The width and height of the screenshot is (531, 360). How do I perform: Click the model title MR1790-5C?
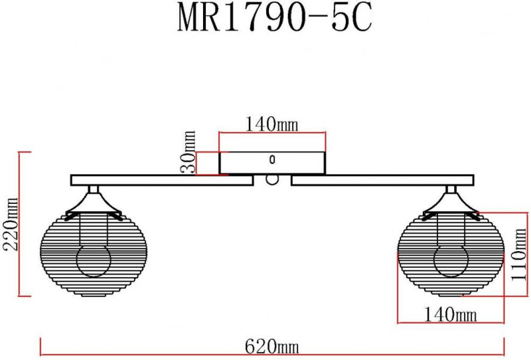tap(275, 19)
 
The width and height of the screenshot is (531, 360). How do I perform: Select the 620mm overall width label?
tap(272, 347)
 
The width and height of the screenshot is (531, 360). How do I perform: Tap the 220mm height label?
tap(11, 224)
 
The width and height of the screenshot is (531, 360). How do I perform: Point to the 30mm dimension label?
tap(188, 152)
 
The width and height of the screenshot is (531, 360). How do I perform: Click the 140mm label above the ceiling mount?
tap(271, 124)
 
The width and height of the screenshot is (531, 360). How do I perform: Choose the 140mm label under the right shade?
tap(451, 315)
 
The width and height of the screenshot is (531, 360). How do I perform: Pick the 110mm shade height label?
tap(518, 254)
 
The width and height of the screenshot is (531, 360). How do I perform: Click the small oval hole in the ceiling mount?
tap(272, 159)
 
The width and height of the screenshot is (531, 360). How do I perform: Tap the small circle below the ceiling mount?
tap(272, 180)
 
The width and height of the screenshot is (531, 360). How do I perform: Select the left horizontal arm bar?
tap(162, 181)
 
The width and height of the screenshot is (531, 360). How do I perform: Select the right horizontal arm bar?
tap(383, 181)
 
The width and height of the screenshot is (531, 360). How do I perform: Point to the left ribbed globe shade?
tap(94, 254)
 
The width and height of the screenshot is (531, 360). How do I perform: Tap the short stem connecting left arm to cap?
tap(94, 189)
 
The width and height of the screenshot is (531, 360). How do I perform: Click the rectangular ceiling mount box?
tap(272, 163)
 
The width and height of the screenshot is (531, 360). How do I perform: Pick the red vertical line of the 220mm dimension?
tap(20, 224)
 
